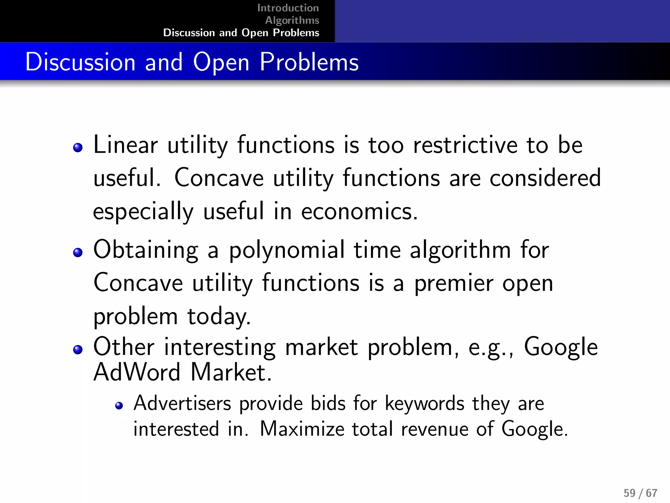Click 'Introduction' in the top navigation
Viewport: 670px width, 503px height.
[x=288, y=8]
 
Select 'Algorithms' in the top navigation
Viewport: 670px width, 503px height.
[x=292, y=20]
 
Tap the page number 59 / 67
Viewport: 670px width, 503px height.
[x=640, y=493]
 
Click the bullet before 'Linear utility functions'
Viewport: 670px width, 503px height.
[x=78, y=148]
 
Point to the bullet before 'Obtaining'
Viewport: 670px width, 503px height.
[x=78, y=252]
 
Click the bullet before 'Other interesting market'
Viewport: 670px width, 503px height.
[x=78, y=349]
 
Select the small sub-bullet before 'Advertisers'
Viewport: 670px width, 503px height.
[x=119, y=406]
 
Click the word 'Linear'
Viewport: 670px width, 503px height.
[x=126, y=145]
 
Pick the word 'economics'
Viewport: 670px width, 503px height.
[x=359, y=212]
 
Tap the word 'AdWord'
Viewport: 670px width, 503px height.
[x=137, y=372]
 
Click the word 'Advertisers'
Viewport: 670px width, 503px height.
[x=182, y=403]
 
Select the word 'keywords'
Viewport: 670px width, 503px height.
[x=424, y=404]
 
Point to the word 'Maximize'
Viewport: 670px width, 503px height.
[x=302, y=429]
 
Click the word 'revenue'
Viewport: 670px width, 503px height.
[x=434, y=429]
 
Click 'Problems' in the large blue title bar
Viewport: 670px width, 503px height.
[x=309, y=62]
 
